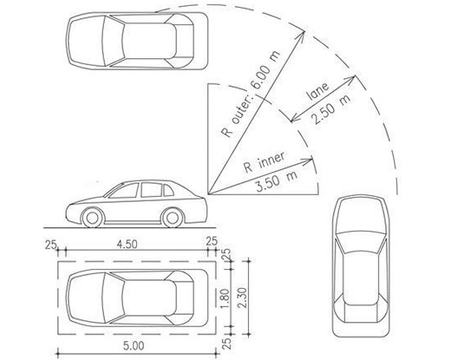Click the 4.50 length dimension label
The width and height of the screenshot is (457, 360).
click(127, 244)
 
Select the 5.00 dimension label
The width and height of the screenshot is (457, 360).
click(134, 346)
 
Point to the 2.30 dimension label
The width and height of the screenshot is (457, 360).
click(242, 298)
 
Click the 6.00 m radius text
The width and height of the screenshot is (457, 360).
click(265, 70)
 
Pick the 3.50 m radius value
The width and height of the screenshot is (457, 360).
click(277, 181)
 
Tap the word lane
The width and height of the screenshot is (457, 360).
click(317, 91)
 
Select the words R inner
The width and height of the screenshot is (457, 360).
click(264, 161)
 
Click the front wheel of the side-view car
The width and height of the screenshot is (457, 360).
click(93, 218)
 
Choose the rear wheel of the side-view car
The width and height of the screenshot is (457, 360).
click(173, 218)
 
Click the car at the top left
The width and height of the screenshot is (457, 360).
click(137, 41)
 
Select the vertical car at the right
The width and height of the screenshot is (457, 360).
click(361, 266)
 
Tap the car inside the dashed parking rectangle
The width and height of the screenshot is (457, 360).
click(137, 298)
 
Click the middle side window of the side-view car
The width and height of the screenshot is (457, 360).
click(151, 190)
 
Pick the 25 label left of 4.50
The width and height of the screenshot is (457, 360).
click(50, 245)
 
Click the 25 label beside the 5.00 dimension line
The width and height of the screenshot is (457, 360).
click(227, 344)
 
